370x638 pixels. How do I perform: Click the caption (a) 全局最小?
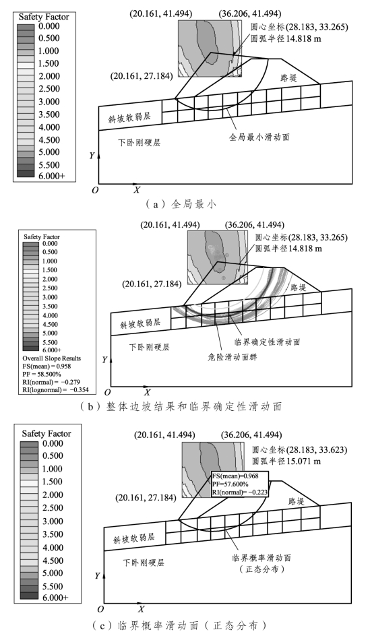pyautogui.click(x=182, y=204)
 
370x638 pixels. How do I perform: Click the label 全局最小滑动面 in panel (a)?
pyautogui.click(x=259, y=137)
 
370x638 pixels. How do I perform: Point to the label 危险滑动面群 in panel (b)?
pyautogui.click(x=233, y=357)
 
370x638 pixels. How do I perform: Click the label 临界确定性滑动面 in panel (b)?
pyautogui.click(x=268, y=342)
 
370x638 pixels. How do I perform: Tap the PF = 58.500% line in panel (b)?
pyautogui.click(x=42, y=374)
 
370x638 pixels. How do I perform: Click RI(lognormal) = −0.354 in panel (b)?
pyautogui.click(x=55, y=390)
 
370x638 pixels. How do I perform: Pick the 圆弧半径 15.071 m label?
pyautogui.click(x=286, y=461)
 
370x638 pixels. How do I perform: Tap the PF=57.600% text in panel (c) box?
pyautogui.click(x=230, y=484)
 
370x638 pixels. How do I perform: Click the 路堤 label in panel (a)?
pyautogui.click(x=288, y=77)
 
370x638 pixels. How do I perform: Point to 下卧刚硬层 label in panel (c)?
pyautogui.click(x=144, y=563)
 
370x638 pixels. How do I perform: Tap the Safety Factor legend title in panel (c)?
pyautogui.click(x=47, y=433)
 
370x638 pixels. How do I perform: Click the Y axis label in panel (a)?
pyautogui.click(x=92, y=156)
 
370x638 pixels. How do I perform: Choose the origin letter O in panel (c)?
pyautogui.click(x=100, y=609)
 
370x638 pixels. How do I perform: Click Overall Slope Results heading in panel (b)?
pyautogui.click(x=52, y=358)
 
